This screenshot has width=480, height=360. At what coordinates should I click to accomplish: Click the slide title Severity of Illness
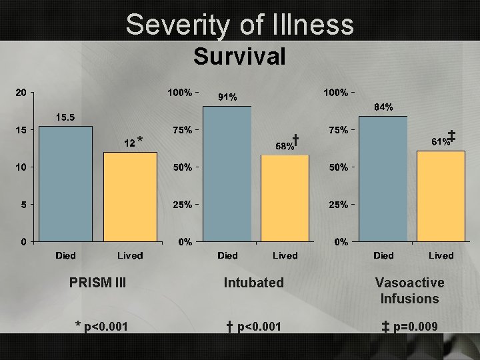(240, 25)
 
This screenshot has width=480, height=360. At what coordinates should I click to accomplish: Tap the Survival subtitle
(239, 57)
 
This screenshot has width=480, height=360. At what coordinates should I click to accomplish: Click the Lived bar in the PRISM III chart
(129, 197)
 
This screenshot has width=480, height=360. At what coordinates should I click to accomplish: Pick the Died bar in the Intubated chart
(227, 173)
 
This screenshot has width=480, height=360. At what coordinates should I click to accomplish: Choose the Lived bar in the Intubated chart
(285, 198)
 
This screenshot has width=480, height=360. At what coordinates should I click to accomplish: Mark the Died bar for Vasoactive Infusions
(383, 178)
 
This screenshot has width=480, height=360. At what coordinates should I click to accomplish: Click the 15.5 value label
(65, 117)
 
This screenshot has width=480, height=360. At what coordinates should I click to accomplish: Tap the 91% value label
(227, 97)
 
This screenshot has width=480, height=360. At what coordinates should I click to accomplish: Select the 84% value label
(383, 107)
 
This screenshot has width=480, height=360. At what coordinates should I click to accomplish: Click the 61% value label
(440, 141)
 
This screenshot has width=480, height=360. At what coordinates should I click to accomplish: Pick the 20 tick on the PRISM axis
(21, 93)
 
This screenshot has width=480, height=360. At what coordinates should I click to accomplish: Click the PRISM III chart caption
(97, 283)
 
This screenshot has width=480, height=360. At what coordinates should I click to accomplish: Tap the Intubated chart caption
(253, 283)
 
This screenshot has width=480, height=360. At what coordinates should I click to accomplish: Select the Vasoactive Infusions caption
(409, 291)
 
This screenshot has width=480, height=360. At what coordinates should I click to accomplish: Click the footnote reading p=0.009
(409, 326)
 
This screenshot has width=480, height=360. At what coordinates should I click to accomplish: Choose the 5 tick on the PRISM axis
(23, 205)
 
